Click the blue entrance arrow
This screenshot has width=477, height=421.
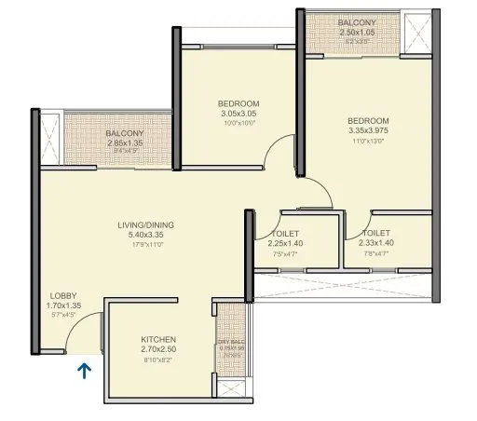(84, 372)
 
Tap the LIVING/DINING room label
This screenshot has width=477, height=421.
(140, 225)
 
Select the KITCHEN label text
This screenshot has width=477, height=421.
(158, 339)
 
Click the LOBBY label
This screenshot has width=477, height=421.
(62, 295)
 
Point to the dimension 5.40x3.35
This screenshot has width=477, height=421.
(140, 236)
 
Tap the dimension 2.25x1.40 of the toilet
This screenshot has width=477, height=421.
(284, 244)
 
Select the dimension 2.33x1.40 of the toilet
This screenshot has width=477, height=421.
(375, 244)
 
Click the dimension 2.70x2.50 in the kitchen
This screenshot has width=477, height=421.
(158, 349)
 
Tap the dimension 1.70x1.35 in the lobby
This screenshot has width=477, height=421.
(63, 306)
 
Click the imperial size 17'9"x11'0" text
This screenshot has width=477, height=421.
(140, 245)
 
